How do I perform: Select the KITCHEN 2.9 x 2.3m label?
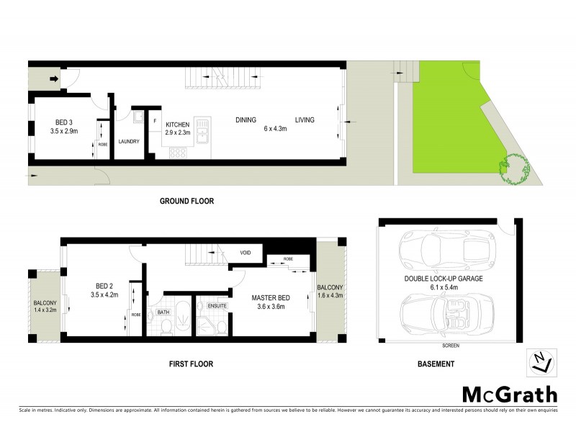tap(177, 128)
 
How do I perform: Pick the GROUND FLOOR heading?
tap(186, 201)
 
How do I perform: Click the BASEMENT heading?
tap(436, 364)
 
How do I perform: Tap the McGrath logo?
tap(509, 394)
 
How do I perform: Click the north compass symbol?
tap(542, 362)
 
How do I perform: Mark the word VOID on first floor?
tap(246, 253)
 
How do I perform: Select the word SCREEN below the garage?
tap(451, 346)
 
